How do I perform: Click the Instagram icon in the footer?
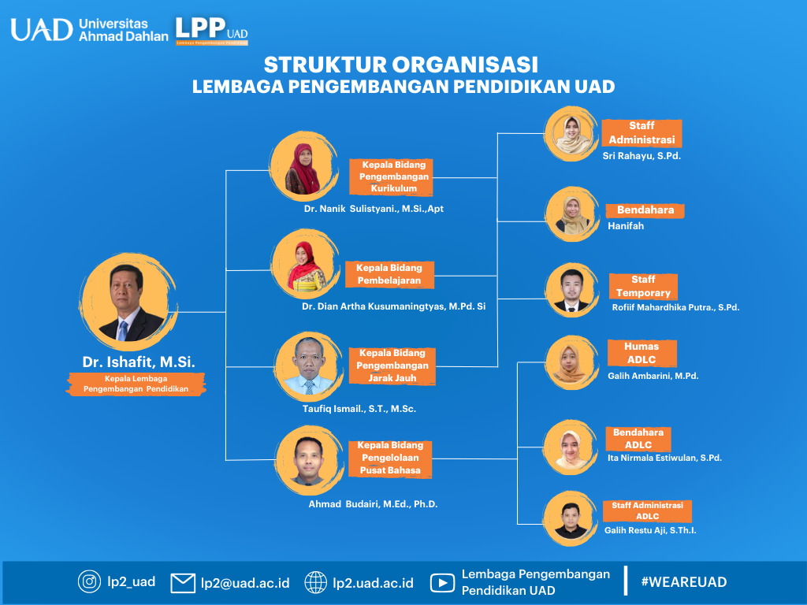tap(89, 582)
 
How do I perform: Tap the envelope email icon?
tap(183, 583)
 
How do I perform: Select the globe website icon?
tap(315, 582)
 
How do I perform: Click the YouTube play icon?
tap(442, 583)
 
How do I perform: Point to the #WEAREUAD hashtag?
tap(684, 582)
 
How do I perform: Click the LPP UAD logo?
tap(211, 31)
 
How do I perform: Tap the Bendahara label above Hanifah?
tap(645, 210)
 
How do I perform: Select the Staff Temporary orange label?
tap(643, 287)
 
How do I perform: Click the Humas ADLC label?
tap(642, 353)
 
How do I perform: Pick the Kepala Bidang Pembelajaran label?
tap(389, 274)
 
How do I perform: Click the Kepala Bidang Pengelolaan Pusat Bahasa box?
tap(390, 458)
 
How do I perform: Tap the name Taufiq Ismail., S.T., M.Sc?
tap(359, 409)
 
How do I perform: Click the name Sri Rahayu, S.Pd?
tap(642, 156)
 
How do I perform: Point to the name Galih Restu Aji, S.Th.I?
tap(650, 530)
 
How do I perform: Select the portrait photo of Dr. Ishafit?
tap(128, 302)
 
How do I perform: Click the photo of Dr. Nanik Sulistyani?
tap(303, 165)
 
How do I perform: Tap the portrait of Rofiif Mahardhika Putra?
tap(572, 290)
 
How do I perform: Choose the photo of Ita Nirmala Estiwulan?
tap(571, 447)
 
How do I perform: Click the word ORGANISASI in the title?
tap(465, 65)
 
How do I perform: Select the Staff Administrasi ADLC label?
tap(648, 510)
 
